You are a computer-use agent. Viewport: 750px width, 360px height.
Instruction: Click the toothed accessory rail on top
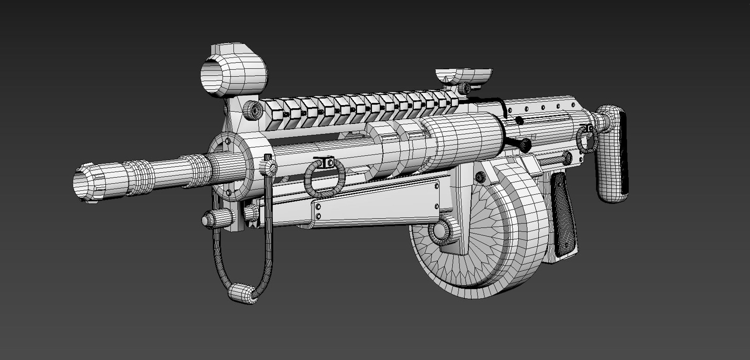[359, 107]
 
